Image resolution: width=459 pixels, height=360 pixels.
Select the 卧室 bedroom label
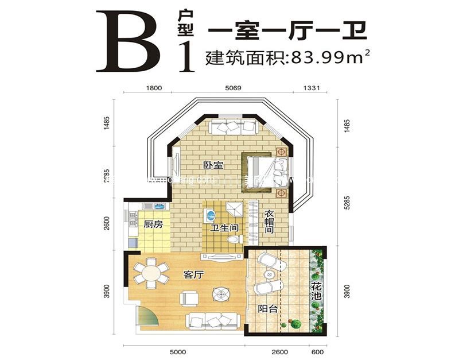213,165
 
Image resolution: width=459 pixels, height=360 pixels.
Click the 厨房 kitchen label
153,224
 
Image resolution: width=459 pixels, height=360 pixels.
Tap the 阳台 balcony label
267,309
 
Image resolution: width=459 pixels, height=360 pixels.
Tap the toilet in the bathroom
233,238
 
